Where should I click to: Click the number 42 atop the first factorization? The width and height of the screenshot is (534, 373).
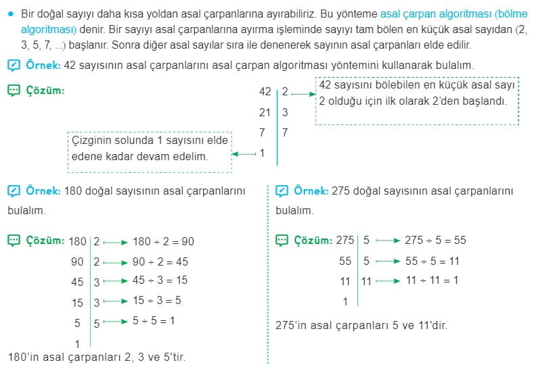[x=265, y=91]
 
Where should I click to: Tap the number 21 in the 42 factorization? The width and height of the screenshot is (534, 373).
[x=265, y=112]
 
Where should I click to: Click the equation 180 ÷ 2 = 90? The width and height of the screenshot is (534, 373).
[x=164, y=241]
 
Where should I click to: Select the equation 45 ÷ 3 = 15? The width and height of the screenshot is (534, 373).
[x=160, y=280]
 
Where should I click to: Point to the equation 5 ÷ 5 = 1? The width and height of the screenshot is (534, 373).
[x=154, y=320]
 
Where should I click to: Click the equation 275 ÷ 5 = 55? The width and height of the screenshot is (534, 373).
[x=435, y=240]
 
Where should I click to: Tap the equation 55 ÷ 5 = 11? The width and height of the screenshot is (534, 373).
[x=432, y=260]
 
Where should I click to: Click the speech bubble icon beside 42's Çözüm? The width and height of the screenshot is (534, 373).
[x=14, y=90]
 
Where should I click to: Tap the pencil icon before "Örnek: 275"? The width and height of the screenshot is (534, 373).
[x=282, y=191]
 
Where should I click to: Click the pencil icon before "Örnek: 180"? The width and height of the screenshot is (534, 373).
[x=14, y=191]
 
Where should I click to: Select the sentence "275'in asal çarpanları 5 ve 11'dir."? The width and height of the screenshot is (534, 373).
[x=361, y=324]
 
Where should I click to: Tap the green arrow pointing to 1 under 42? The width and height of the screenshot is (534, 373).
[x=244, y=154]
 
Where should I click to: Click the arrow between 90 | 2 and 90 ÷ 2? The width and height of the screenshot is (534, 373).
[x=116, y=262]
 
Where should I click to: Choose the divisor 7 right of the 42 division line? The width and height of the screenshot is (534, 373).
[x=285, y=133]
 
